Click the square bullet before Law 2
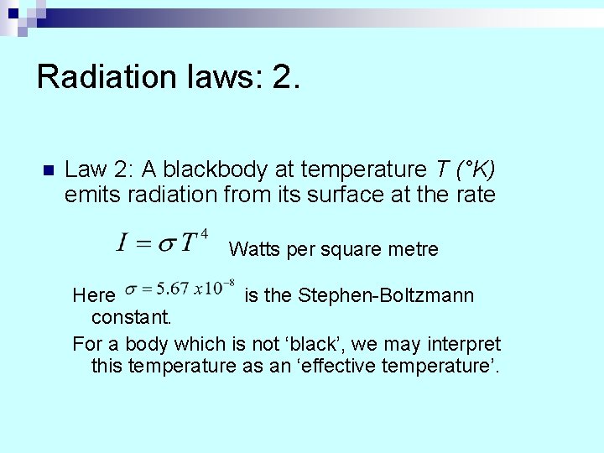click(x=47, y=170)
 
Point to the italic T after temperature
click(x=442, y=169)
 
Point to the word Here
click(x=93, y=295)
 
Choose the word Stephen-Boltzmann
click(x=386, y=295)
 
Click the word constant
click(x=131, y=317)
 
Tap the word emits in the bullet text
click(x=86, y=195)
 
